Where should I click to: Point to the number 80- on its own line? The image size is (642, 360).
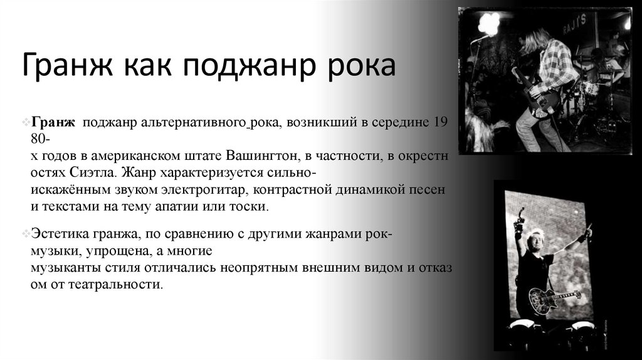[39, 138]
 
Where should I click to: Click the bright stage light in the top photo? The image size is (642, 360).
[488, 24]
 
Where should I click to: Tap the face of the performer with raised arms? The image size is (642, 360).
[536, 240]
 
